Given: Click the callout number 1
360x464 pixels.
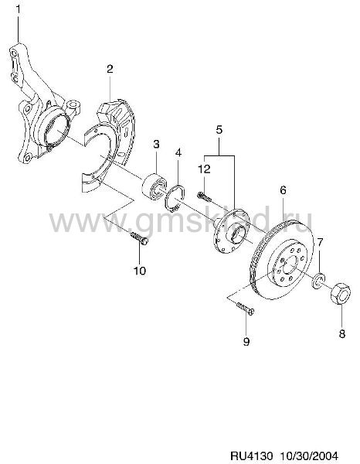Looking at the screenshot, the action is click(19, 9).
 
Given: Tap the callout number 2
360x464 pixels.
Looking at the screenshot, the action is click(110, 70).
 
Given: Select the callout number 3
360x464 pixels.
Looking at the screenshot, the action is click(156, 145).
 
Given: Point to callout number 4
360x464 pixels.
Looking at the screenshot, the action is click(178, 152).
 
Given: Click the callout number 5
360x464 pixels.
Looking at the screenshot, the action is click(219, 130).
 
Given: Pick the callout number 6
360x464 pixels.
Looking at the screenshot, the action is click(283, 190).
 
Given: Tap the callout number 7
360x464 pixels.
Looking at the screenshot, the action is click(321, 242).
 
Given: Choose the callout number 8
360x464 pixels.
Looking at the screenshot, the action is click(342, 334).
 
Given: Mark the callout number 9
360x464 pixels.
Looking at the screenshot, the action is click(246, 342).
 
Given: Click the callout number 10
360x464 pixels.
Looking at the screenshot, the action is click(140, 271).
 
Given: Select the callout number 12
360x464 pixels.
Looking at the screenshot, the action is click(204, 169).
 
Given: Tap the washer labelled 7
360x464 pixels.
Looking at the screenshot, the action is click(318, 280).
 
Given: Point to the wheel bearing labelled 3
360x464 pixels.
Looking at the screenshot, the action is click(155, 186).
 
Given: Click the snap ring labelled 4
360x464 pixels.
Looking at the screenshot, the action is click(175, 198).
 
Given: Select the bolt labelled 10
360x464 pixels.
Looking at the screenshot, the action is click(139, 238).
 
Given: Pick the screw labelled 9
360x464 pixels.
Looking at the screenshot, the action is click(245, 309).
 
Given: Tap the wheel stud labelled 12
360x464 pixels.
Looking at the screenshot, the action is click(204, 196).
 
